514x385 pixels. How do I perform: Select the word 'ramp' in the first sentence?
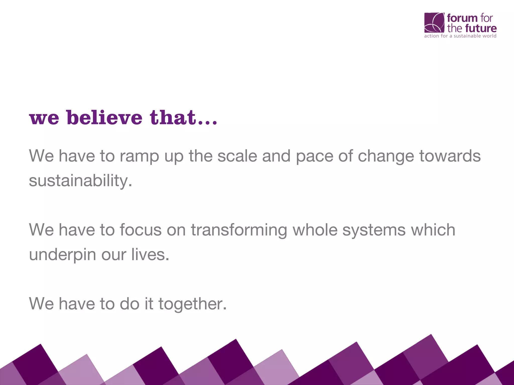[139, 156]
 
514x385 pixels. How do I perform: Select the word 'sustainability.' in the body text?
[80, 180]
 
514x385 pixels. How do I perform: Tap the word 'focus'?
[141, 230]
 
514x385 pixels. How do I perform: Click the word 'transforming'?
[239, 230]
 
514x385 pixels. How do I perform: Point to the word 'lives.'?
[150, 254]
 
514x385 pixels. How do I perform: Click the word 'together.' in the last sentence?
[192, 304]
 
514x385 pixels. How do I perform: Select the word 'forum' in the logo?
[462, 18]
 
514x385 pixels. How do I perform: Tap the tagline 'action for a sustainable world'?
[460, 36]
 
